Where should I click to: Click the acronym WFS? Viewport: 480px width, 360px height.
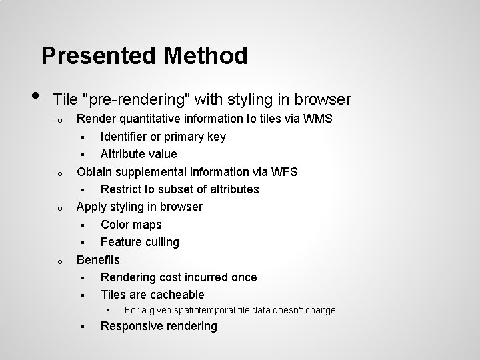(285, 171)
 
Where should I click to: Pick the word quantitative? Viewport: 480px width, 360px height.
(145, 119)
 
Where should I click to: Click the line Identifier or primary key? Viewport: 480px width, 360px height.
(163, 137)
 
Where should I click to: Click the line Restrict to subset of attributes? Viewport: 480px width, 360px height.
(179, 189)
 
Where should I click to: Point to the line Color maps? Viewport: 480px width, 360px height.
(131, 225)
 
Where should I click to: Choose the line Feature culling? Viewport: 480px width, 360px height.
(139, 242)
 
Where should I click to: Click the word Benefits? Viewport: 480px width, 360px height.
(98, 259)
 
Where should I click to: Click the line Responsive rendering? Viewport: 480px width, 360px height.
(159, 326)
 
